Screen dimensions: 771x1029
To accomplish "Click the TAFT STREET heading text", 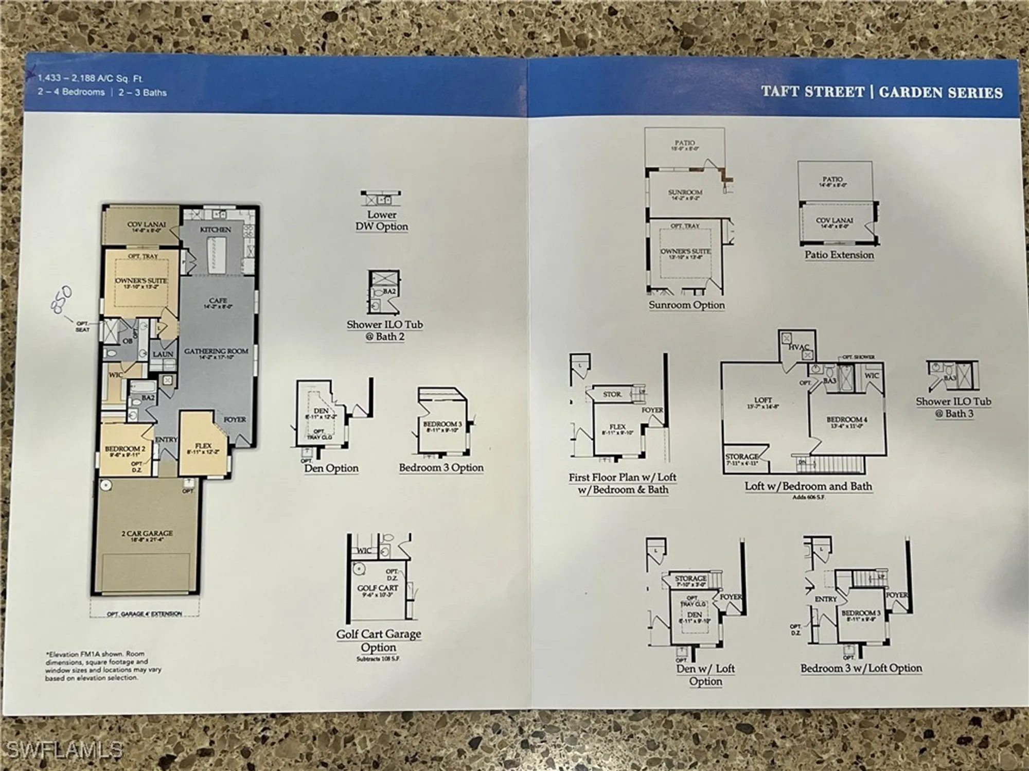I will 812,92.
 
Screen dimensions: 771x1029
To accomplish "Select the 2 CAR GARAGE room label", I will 147,533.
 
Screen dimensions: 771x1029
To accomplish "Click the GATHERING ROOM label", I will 216,352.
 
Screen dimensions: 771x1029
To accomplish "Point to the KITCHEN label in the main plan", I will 215,230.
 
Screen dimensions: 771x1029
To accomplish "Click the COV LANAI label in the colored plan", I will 147,225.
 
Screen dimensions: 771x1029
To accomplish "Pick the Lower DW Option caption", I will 381,221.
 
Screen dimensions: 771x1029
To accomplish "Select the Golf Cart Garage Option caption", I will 379,641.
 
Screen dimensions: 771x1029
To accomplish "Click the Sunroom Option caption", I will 686,305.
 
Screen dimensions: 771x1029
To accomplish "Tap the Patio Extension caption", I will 839,255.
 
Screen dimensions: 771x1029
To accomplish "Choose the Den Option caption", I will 331,468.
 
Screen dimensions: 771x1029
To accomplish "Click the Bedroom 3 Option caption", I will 441,468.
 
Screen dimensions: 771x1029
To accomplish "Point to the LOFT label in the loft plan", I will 763,400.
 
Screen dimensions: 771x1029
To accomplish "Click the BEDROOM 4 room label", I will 846,419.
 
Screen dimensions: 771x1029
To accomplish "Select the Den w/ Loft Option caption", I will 705,675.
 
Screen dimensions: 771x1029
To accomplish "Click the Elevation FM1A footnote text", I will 103,666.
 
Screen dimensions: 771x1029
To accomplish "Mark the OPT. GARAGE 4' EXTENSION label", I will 145,614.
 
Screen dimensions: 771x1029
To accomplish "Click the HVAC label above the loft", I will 799,347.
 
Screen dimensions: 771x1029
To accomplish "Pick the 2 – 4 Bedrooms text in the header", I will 70,92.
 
